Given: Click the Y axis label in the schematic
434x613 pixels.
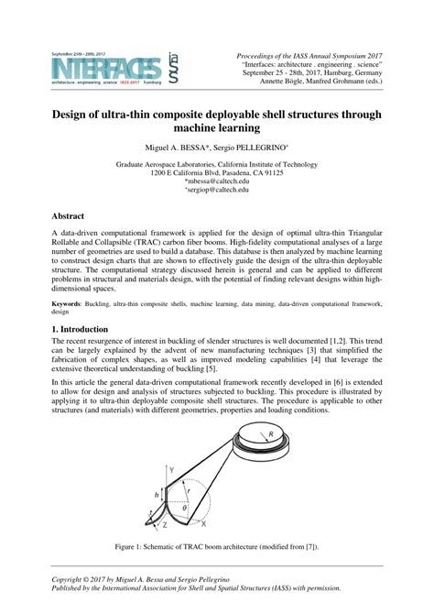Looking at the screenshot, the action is pos(170,469).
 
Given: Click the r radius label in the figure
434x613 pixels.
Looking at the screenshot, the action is pos(188,487).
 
